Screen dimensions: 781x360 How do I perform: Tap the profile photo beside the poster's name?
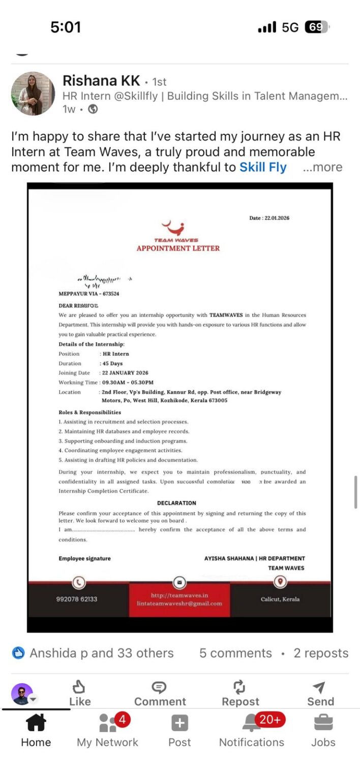[x=33, y=94]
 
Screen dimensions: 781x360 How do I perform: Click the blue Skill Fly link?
[x=263, y=167]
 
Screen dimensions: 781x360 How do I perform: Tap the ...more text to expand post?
[x=322, y=167]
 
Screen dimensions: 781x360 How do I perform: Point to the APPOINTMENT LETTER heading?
[x=178, y=248]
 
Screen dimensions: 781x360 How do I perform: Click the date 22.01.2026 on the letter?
[x=269, y=218]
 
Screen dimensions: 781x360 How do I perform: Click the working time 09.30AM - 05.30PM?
[x=128, y=382]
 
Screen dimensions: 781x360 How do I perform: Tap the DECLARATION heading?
[x=176, y=503]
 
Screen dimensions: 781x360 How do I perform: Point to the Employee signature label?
[x=84, y=558]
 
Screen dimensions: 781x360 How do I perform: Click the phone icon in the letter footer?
[x=78, y=582]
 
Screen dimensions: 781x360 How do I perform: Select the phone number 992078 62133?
[x=77, y=599]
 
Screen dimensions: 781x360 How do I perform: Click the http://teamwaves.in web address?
[x=179, y=595]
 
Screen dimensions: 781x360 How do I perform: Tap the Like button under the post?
[x=79, y=695]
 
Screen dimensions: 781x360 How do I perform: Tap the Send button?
[x=320, y=695]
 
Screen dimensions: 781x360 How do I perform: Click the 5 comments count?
[x=235, y=653]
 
